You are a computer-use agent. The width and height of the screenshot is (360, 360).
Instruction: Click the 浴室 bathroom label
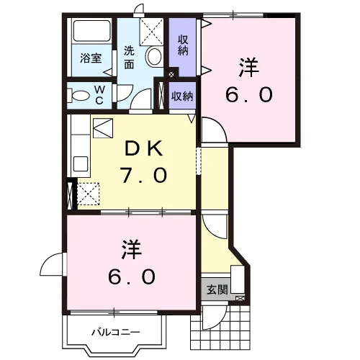pyautogui.click(x=91, y=58)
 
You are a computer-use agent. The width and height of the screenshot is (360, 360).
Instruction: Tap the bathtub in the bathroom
pyautogui.click(x=91, y=31)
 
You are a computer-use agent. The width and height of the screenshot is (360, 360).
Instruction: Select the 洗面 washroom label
pyautogui.click(x=129, y=58)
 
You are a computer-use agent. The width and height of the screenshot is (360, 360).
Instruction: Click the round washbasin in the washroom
pyautogui.click(x=154, y=56)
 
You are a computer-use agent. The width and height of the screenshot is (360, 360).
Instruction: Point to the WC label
pyautogui.click(x=99, y=95)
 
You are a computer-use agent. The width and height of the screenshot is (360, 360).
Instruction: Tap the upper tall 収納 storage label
pyautogui.click(x=183, y=45)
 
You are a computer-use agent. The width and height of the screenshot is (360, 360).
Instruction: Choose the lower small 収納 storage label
pyautogui.click(x=182, y=96)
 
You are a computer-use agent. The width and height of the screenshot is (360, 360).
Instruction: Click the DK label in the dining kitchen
pyautogui.click(x=144, y=149)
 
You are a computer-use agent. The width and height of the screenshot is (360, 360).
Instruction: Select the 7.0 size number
pyautogui.click(x=143, y=175)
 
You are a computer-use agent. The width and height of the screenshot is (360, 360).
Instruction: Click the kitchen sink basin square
pyautogui.click(x=81, y=164)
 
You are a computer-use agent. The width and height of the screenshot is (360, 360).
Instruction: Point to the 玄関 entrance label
pyautogui.click(x=217, y=289)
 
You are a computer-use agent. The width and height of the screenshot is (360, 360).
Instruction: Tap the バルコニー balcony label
pyautogui.click(x=116, y=333)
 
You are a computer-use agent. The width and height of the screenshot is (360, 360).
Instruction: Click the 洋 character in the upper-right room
pyautogui.click(x=249, y=67)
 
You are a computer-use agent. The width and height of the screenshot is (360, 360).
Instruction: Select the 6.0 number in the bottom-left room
pyautogui.click(x=132, y=276)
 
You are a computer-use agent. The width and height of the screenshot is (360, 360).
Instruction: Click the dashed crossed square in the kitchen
pyautogui.click(x=89, y=194)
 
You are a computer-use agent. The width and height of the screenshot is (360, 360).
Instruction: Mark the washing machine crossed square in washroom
pyautogui.click(x=151, y=32)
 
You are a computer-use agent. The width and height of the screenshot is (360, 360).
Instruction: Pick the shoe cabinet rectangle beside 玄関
pyautogui.click(x=238, y=279)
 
